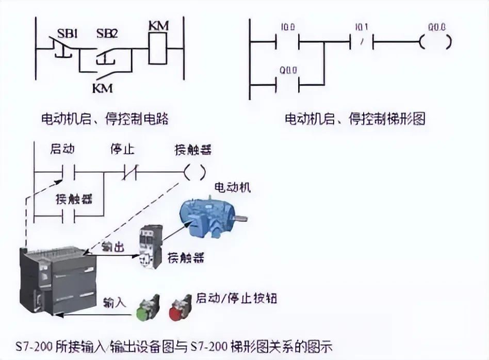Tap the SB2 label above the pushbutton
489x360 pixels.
pyautogui.click(x=107, y=34)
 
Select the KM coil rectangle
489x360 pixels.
pyautogui.click(x=158, y=48)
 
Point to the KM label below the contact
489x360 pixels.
pyautogui.click(x=102, y=88)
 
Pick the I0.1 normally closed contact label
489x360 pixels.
pyautogui.click(x=363, y=26)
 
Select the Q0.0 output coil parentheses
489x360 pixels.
pyautogui.click(x=435, y=42)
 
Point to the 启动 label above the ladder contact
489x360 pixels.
pyautogui.click(x=62, y=150)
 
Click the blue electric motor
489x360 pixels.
pyautogui.click(x=209, y=217)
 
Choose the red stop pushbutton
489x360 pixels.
pyautogui.click(x=178, y=307)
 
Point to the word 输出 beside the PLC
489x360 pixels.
pyautogui.click(x=112, y=248)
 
